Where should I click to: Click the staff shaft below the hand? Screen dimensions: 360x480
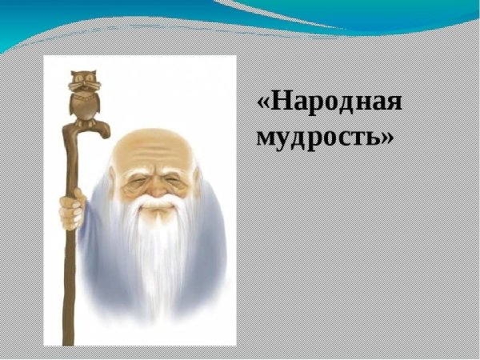point(68,272)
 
